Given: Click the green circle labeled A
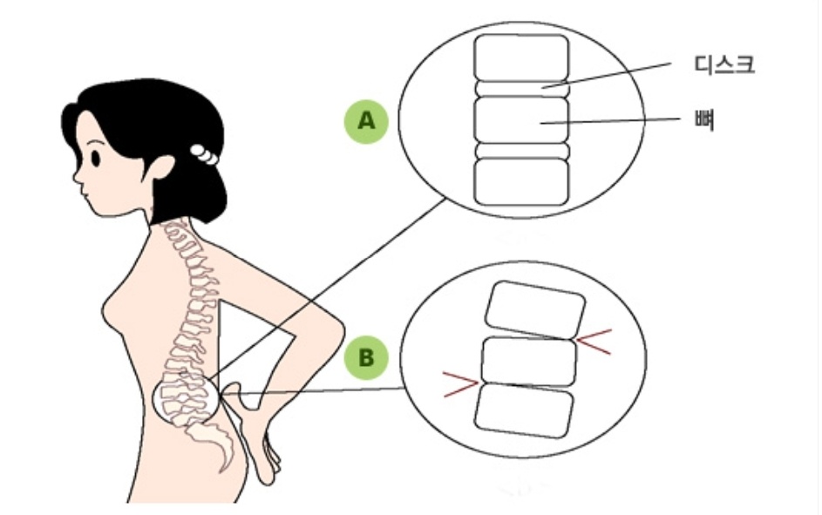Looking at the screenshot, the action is tap(366, 122).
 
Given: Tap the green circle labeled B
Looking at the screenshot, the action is tap(366, 356).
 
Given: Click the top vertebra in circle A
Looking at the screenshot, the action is tap(521, 58).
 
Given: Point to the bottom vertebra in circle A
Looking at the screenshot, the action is tap(521, 181).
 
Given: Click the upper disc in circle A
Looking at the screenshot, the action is tap(521, 88).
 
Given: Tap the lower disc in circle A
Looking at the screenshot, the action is tap(521, 151).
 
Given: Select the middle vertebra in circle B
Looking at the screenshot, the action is tap(529, 361).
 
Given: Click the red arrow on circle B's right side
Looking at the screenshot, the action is tap(596, 343).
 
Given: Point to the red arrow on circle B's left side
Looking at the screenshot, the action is tap(460, 383).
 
